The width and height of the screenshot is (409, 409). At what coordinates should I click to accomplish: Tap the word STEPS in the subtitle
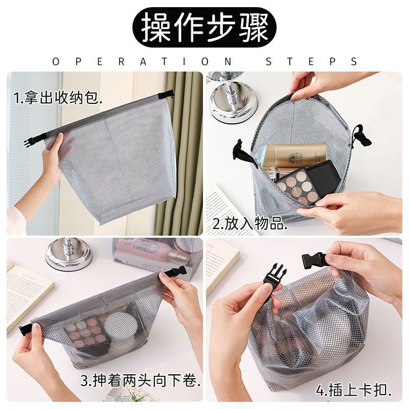click(x=311, y=61)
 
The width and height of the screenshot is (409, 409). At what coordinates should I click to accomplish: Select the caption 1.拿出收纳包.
click(x=57, y=97)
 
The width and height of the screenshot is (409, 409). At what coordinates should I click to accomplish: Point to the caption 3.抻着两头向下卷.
click(x=140, y=380)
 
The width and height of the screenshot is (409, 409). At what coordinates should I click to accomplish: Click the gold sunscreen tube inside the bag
click(x=294, y=155)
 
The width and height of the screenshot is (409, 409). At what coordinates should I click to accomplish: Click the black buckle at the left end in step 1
click(x=29, y=142)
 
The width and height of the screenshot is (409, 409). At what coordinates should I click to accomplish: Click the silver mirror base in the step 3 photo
click(x=69, y=255)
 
